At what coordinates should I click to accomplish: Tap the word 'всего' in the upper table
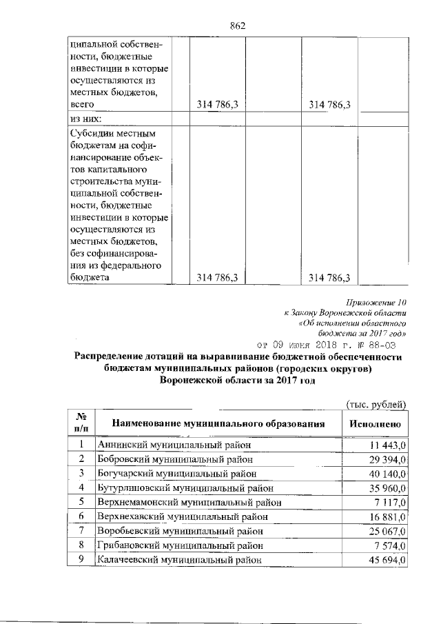[x=83, y=104]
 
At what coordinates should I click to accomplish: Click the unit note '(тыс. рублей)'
[x=376, y=404]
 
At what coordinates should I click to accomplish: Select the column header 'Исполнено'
[x=376, y=424]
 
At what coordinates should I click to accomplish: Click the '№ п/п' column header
[x=81, y=423]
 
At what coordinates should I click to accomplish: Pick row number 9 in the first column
[x=81, y=560]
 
